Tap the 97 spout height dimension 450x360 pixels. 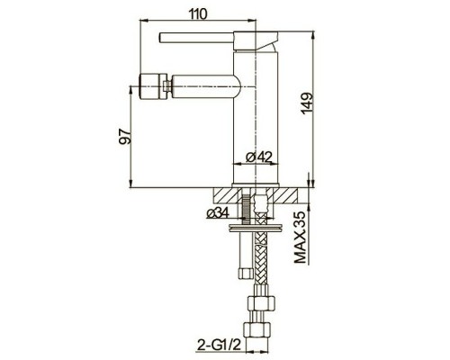tap(125, 136)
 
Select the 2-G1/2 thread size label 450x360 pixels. tap(215, 341)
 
